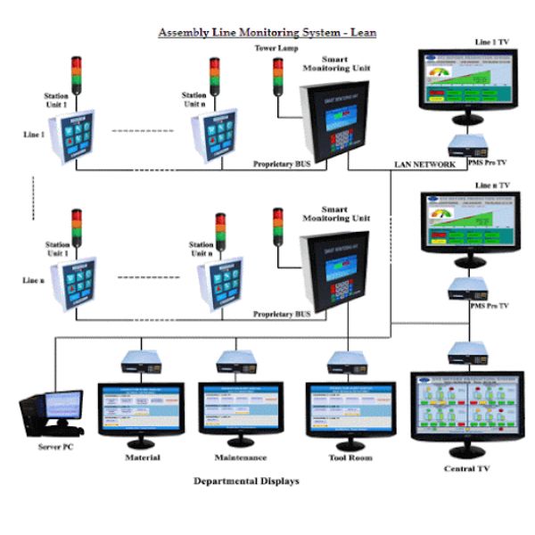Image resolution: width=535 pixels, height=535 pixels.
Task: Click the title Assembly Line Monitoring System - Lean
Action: point(267,33)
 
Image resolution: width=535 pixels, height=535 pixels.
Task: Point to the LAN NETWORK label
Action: point(424,165)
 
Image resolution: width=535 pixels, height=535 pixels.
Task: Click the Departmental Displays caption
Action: point(246,481)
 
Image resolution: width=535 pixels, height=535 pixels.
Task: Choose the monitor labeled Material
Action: point(141,412)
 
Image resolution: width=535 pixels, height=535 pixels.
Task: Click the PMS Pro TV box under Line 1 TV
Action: point(465,144)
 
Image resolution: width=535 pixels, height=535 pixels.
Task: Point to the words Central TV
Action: point(465,468)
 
